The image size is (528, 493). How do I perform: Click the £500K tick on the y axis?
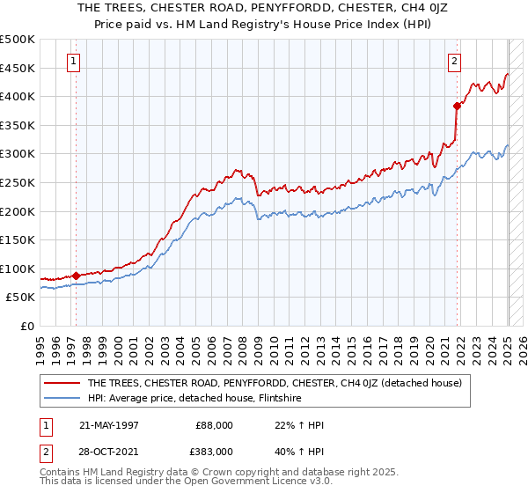click(x=18, y=40)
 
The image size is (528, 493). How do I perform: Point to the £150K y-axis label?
click(x=18, y=239)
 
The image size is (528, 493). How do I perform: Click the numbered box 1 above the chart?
click(x=72, y=62)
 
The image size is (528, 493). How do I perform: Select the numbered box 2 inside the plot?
click(x=454, y=62)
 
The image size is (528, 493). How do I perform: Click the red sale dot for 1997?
click(x=76, y=276)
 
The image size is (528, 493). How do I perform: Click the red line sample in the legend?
click(x=62, y=382)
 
